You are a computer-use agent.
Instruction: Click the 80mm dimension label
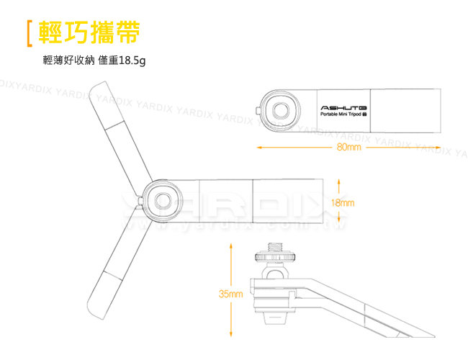point(348,148)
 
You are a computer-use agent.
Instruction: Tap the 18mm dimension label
point(343,202)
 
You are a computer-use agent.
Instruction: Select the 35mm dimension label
point(230,294)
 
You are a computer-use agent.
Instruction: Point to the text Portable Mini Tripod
point(343,114)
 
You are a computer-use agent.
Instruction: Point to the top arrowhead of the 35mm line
point(230,245)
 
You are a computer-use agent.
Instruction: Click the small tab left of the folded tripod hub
point(258,109)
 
